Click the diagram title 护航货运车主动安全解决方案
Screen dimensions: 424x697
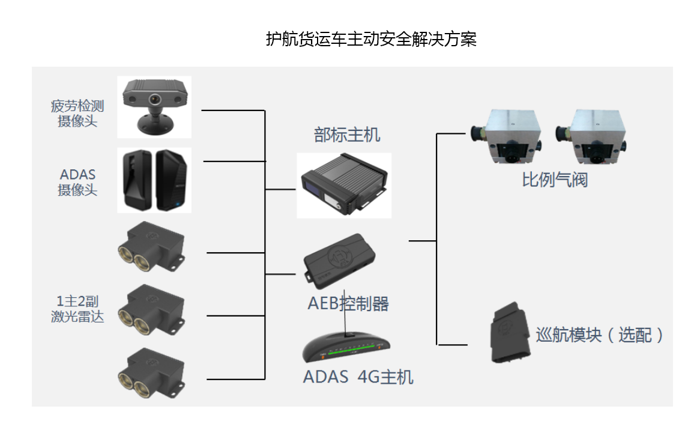point(371,40)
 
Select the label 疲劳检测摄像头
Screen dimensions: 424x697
point(77,114)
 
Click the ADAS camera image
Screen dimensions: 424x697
point(154,180)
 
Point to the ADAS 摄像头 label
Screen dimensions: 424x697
point(77,183)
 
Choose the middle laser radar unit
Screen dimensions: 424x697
point(151,309)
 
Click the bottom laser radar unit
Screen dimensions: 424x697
point(151,372)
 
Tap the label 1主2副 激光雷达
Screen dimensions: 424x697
point(77,309)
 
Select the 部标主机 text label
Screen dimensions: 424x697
point(347,135)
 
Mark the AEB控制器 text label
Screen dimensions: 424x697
point(348,303)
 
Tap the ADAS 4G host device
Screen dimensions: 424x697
point(347,348)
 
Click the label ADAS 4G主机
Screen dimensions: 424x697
point(358,377)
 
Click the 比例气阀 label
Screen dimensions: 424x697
point(554,180)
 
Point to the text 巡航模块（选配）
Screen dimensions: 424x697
point(600,335)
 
